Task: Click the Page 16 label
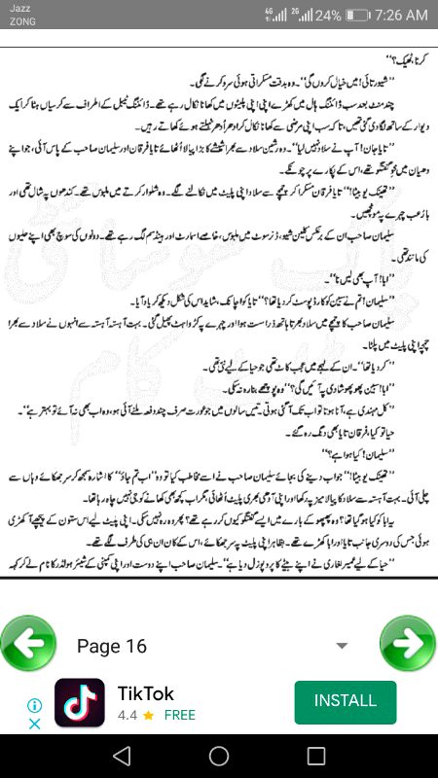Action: pos(112,647)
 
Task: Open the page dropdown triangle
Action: pos(342,646)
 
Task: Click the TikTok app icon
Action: pos(80,702)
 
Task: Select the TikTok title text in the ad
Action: pos(146,693)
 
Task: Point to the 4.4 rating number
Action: pos(127,715)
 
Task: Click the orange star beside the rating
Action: pos(148,715)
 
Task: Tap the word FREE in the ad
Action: pos(179,715)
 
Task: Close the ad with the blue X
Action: pos(34,724)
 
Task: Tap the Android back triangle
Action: pos(121,756)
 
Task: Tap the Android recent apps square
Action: pos(316,756)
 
